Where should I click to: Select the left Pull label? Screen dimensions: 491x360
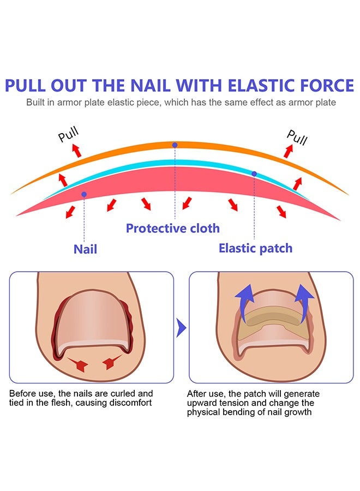click(x=68, y=134)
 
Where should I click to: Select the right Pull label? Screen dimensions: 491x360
click(x=297, y=137)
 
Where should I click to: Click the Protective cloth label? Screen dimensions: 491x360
click(x=172, y=228)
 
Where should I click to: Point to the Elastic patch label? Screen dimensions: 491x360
click(x=255, y=248)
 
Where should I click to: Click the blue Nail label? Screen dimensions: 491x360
click(x=85, y=249)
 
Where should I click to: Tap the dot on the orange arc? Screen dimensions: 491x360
click(x=175, y=145)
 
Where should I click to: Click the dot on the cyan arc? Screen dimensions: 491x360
click(x=254, y=173)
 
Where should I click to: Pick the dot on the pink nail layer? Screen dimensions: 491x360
click(x=83, y=194)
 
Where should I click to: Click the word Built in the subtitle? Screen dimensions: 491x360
click(x=35, y=103)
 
